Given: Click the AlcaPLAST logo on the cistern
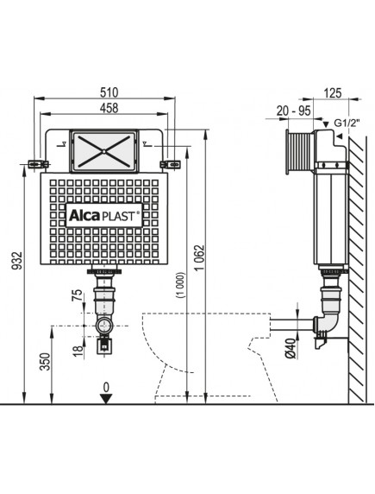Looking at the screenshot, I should (103, 217).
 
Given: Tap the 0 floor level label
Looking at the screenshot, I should (105, 385).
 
